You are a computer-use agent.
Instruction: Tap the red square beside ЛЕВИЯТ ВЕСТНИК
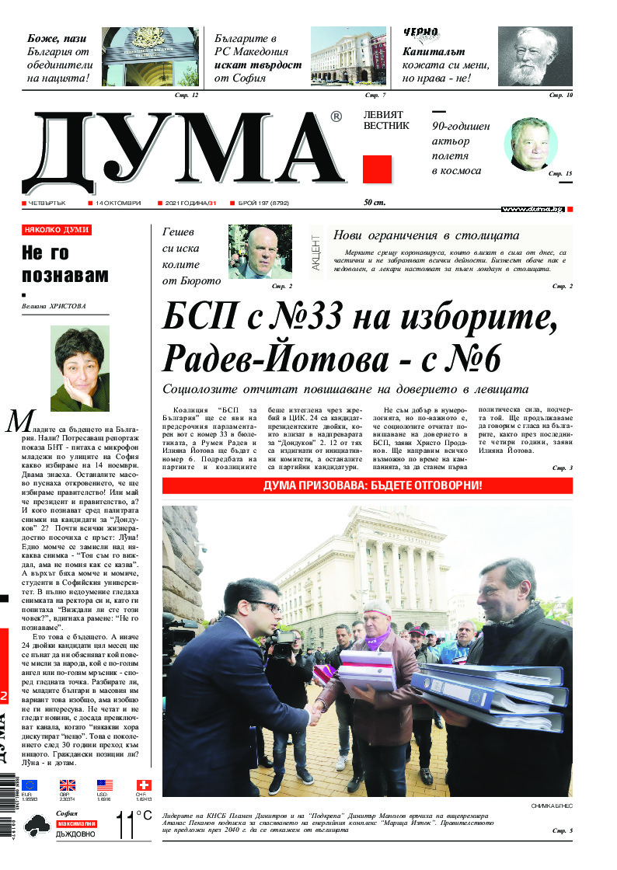coord(377,169)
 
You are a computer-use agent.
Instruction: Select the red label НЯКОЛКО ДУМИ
coord(57,230)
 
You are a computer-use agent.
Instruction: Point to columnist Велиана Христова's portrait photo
coord(80,368)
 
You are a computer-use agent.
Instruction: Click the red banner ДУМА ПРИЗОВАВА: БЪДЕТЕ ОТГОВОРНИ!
coord(367,485)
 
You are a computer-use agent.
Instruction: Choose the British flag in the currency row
coord(68,785)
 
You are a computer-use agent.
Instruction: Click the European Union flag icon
coord(30,785)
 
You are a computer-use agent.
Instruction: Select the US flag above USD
coord(105,785)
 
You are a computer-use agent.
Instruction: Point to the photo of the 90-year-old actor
coord(531,144)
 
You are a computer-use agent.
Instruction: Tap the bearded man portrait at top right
coord(535,57)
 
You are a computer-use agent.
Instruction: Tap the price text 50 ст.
coord(375,203)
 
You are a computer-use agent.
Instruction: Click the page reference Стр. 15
coord(559,174)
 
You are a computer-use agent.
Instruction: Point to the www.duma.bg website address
coord(532,209)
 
